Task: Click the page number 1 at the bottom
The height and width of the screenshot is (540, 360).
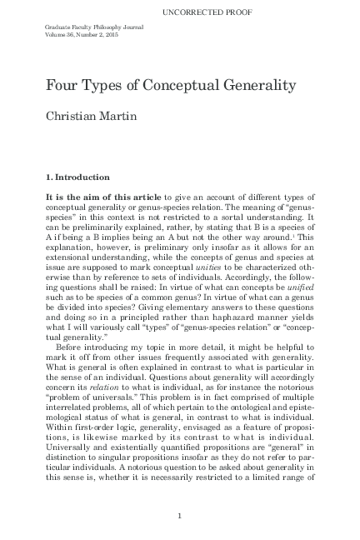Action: tap(180, 517)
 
